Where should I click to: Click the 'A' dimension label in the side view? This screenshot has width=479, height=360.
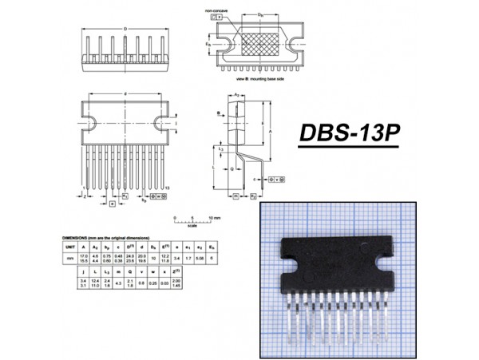click(273, 132)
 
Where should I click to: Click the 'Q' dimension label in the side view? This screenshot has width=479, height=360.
click(232, 169)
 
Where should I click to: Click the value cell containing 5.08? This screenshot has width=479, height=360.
click(200, 259)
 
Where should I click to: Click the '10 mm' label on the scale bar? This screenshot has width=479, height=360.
click(215, 217)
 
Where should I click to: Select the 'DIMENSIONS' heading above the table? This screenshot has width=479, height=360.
click(77, 238)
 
